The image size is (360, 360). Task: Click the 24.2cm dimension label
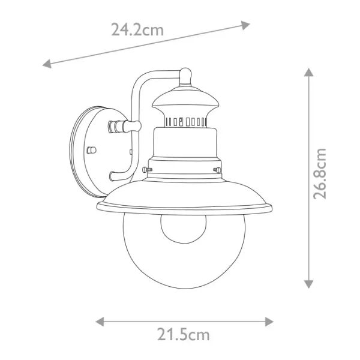coord(137,29)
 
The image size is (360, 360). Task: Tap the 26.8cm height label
coord(322,173)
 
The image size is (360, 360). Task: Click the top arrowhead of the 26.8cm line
coord(308,73)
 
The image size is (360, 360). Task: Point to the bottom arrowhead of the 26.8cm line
coord(308,283)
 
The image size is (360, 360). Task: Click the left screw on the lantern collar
coord(146,171)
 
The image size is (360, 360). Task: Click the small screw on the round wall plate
coord(91,148)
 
